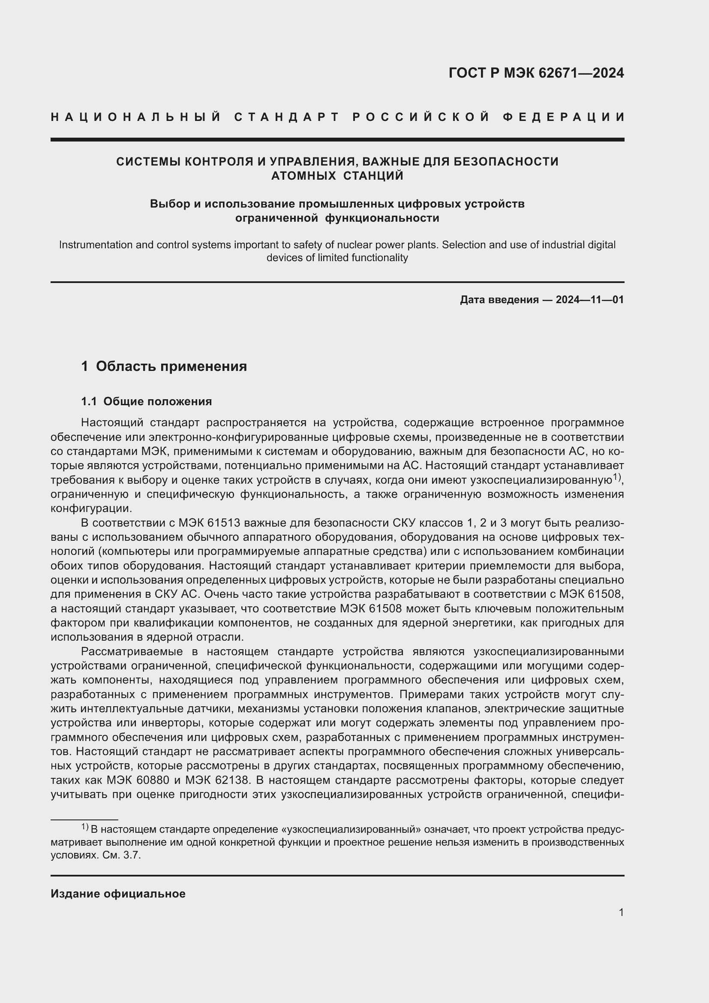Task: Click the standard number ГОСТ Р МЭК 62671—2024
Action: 536,73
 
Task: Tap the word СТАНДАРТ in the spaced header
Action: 287,117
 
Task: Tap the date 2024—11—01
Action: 590,300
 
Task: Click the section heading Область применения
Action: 171,366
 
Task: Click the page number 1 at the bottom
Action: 621,912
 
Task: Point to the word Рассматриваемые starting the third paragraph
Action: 132,651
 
